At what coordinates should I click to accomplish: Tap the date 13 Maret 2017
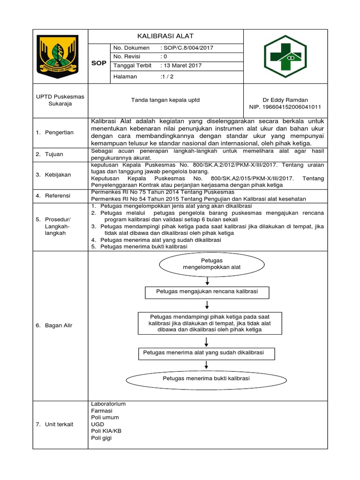coord(182,66)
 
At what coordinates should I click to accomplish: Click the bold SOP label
coord(99,62)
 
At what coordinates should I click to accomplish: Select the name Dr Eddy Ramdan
coord(285,100)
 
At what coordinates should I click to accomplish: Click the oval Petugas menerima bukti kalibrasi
coord(206,378)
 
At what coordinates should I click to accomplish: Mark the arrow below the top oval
coord(207,281)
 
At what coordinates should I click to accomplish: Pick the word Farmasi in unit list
coord(102,411)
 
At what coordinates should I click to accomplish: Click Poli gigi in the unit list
coord(101,438)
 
